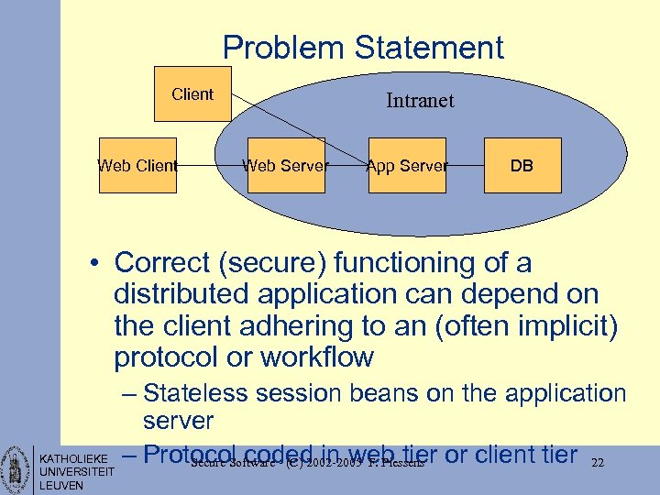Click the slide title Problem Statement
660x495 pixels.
click(x=363, y=48)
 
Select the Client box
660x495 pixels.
click(x=192, y=93)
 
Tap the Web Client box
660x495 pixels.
click(x=137, y=166)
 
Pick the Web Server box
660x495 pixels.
click(x=286, y=166)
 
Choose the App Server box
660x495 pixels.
click(x=407, y=166)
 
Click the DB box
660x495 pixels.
click(x=522, y=166)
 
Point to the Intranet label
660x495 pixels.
click(x=420, y=101)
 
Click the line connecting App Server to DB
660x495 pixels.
click(x=465, y=166)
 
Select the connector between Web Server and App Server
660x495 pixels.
click(x=346, y=166)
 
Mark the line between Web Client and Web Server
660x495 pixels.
click(x=212, y=166)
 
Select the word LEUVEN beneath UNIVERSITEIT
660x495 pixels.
click(x=61, y=485)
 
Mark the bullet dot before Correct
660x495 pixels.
click(x=95, y=265)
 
